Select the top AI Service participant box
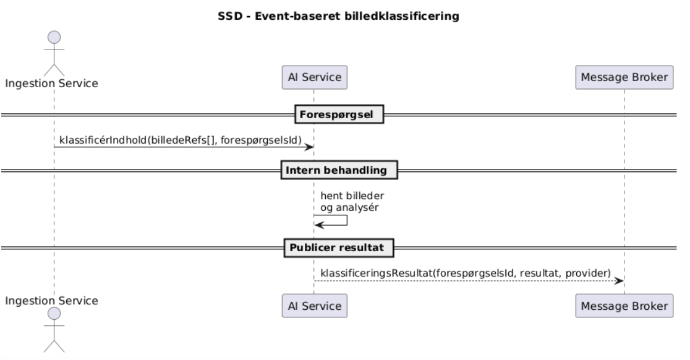coord(313,77)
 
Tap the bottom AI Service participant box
coord(313,305)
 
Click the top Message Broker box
coord(624,77)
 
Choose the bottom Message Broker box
coord(624,305)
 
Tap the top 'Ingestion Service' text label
coord(52,84)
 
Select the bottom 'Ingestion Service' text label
coord(52,301)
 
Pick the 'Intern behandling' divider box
coord(339,169)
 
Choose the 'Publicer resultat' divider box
coord(339,248)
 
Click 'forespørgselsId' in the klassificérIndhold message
coord(268,140)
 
